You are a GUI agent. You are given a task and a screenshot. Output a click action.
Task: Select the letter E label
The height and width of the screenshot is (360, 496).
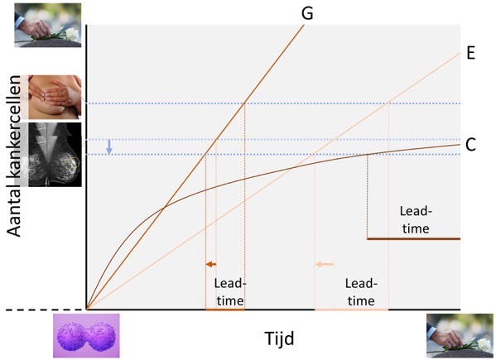[x=470, y=52]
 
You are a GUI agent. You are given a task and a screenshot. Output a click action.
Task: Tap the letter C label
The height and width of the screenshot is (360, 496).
[x=470, y=145]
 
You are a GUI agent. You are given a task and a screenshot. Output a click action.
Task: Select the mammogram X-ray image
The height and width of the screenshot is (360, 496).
[x=55, y=154]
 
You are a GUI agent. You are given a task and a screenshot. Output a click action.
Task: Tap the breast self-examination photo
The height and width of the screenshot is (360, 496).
[x=55, y=98]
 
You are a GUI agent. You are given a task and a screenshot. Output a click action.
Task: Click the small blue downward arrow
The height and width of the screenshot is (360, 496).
[x=108, y=146]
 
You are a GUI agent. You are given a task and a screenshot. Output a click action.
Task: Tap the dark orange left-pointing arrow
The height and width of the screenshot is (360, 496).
[x=211, y=264]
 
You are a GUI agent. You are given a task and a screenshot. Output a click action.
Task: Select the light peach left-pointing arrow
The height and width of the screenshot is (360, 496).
[x=325, y=264]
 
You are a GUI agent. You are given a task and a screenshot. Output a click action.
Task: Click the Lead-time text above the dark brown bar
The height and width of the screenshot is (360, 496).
[x=413, y=219]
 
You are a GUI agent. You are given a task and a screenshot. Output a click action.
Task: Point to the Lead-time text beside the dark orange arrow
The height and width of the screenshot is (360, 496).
[x=229, y=291]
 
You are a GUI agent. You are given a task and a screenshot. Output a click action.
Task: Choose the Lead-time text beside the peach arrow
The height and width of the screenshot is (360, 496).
[x=360, y=291]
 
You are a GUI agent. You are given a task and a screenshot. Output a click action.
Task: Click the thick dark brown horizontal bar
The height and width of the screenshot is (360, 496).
[x=412, y=239]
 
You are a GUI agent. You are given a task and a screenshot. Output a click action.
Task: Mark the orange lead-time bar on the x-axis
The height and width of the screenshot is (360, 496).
[x=225, y=310]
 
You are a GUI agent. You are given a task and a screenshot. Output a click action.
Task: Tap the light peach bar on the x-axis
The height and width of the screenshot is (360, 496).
[x=351, y=310]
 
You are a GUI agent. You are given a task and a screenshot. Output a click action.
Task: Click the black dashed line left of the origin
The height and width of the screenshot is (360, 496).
[x=25, y=310]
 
